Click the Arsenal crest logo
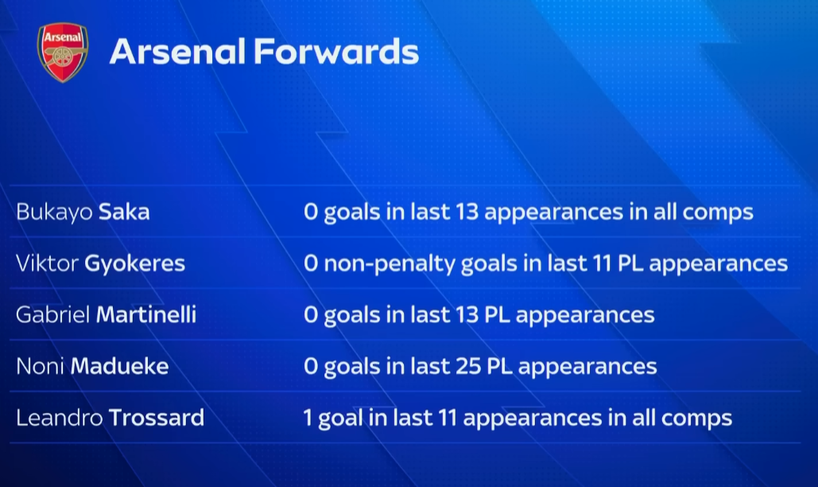tap(63, 53)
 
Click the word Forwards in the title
tap(336, 52)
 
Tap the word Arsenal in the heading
tap(177, 52)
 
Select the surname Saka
tap(124, 212)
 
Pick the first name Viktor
tap(47, 263)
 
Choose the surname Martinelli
tap(146, 315)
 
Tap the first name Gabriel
tap(53, 315)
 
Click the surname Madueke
tap(119, 366)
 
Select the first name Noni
tap(41, 366)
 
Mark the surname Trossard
tap(157, 418)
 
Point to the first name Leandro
tap(60, 418)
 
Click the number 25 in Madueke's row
tap(468, 366)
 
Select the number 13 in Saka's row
tap(467, 212)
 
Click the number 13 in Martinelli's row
tap(467, 315)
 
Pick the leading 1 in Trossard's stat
tap(308, 418)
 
